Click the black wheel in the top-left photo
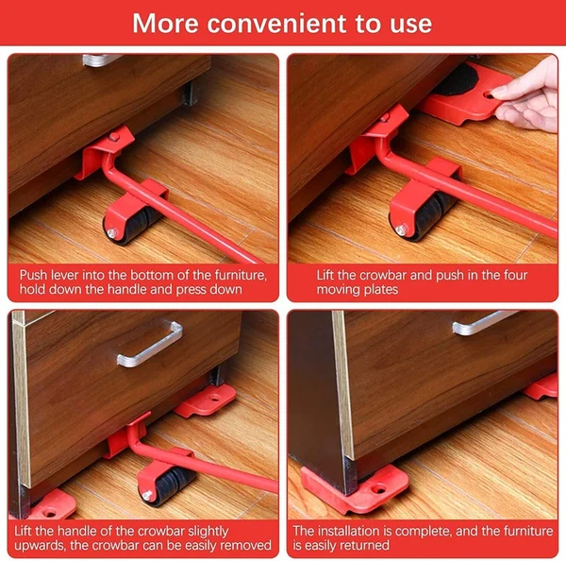pyautogui.click(x=137, y=223)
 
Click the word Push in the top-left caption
pyautogui.click(x=35, y=276)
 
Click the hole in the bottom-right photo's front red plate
pyautogui.click(x=380, y=490)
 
